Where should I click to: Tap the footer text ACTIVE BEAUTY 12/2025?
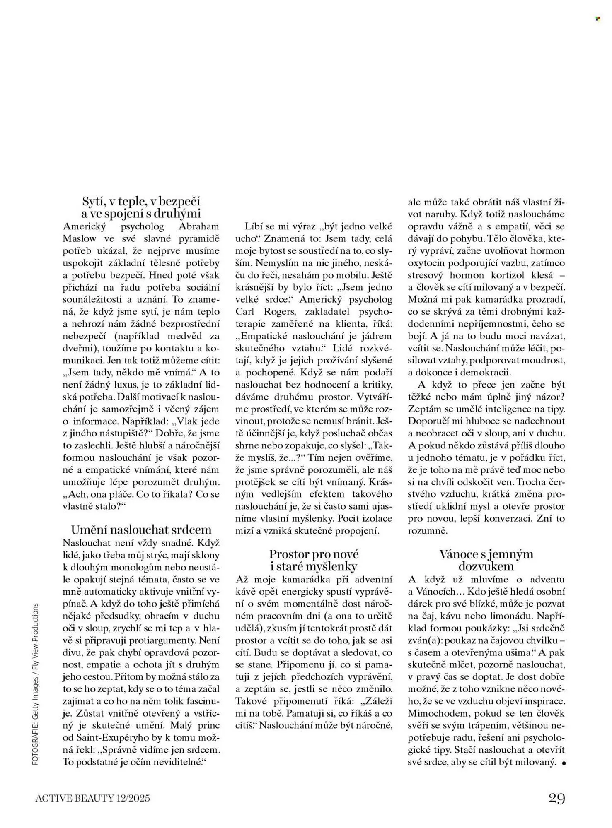pyautogui.click(x=93, y=798)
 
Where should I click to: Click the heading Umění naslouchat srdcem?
pyautogui.click(x=141, y=530)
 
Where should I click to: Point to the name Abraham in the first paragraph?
pyautogui.click(x=199, y=226)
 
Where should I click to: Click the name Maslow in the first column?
pyautogui.click(x=79, y=238)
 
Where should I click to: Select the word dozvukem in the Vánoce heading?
pyautogui.click(x=486, y=566)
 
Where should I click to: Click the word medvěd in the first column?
pyautogui.click(x=188, y=336)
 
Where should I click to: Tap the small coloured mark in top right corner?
pyautogui.click(x=597, y=19)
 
